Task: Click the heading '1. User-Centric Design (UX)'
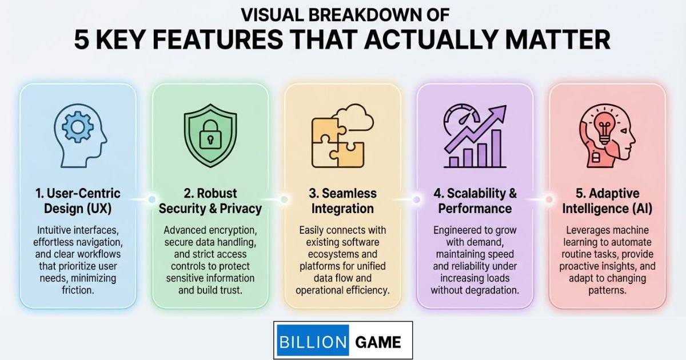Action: click(78, 201)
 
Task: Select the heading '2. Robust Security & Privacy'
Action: click(210, 201)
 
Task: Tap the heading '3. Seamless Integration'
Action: click(342, 201)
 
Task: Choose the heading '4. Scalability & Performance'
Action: click(474, 201)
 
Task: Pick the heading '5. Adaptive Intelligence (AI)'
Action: click(607, 201)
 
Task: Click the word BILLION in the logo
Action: click(312, 342)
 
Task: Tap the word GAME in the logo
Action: click(378, 342)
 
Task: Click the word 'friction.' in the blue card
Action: click(78, 290)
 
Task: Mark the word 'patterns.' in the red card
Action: click(607, 290)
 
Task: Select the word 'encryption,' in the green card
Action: click(231, 230)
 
